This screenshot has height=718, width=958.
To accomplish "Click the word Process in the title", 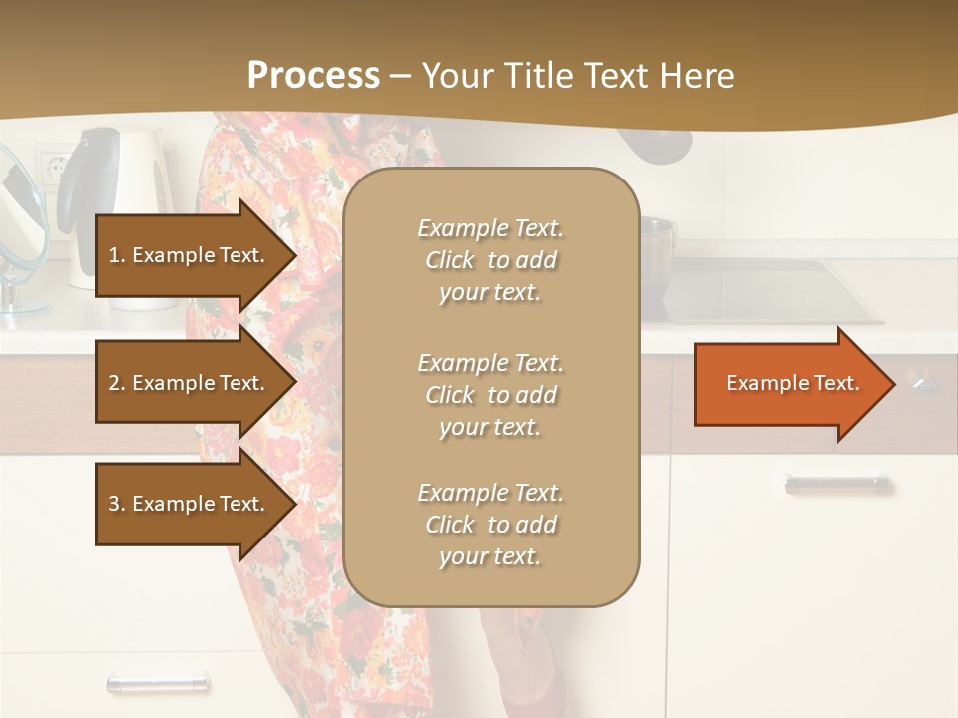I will click(313, 76).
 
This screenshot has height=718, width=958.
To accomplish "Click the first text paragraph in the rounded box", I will click(490, 260).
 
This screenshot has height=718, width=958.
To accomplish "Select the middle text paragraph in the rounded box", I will click(490, 395).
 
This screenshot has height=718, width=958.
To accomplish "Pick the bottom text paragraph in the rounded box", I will click(490, 525).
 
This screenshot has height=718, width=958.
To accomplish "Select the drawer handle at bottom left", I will click(158, 684).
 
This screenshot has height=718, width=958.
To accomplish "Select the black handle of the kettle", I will click(78, 179).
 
